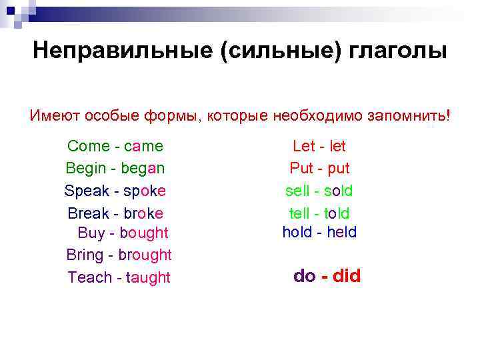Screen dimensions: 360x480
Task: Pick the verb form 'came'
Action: [143, 146]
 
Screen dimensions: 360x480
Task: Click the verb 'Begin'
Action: [85, 168]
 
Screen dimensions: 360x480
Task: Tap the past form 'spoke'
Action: [144, 191]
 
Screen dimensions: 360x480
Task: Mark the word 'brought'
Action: [145, 255]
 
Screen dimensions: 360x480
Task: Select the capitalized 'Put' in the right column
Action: [301, 168]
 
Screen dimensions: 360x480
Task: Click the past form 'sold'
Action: [338, 191]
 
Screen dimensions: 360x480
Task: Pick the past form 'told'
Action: [337, 213]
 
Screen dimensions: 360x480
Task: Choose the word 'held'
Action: [341, 232]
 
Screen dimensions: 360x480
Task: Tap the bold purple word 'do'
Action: [305, 276]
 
